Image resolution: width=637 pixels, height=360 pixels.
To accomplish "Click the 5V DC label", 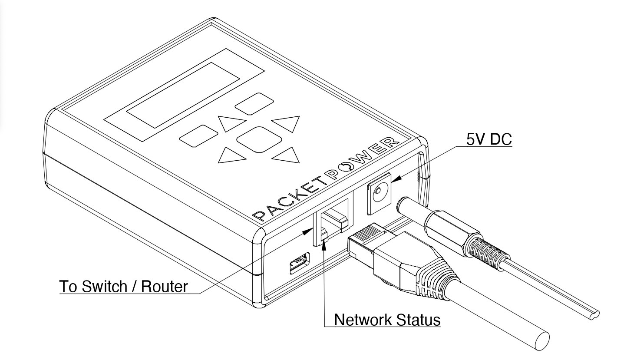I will (x=489, y=139).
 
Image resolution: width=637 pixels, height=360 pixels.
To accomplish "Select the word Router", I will (x=165, y=287).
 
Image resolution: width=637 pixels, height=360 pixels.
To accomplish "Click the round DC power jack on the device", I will (x=379, y=192).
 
